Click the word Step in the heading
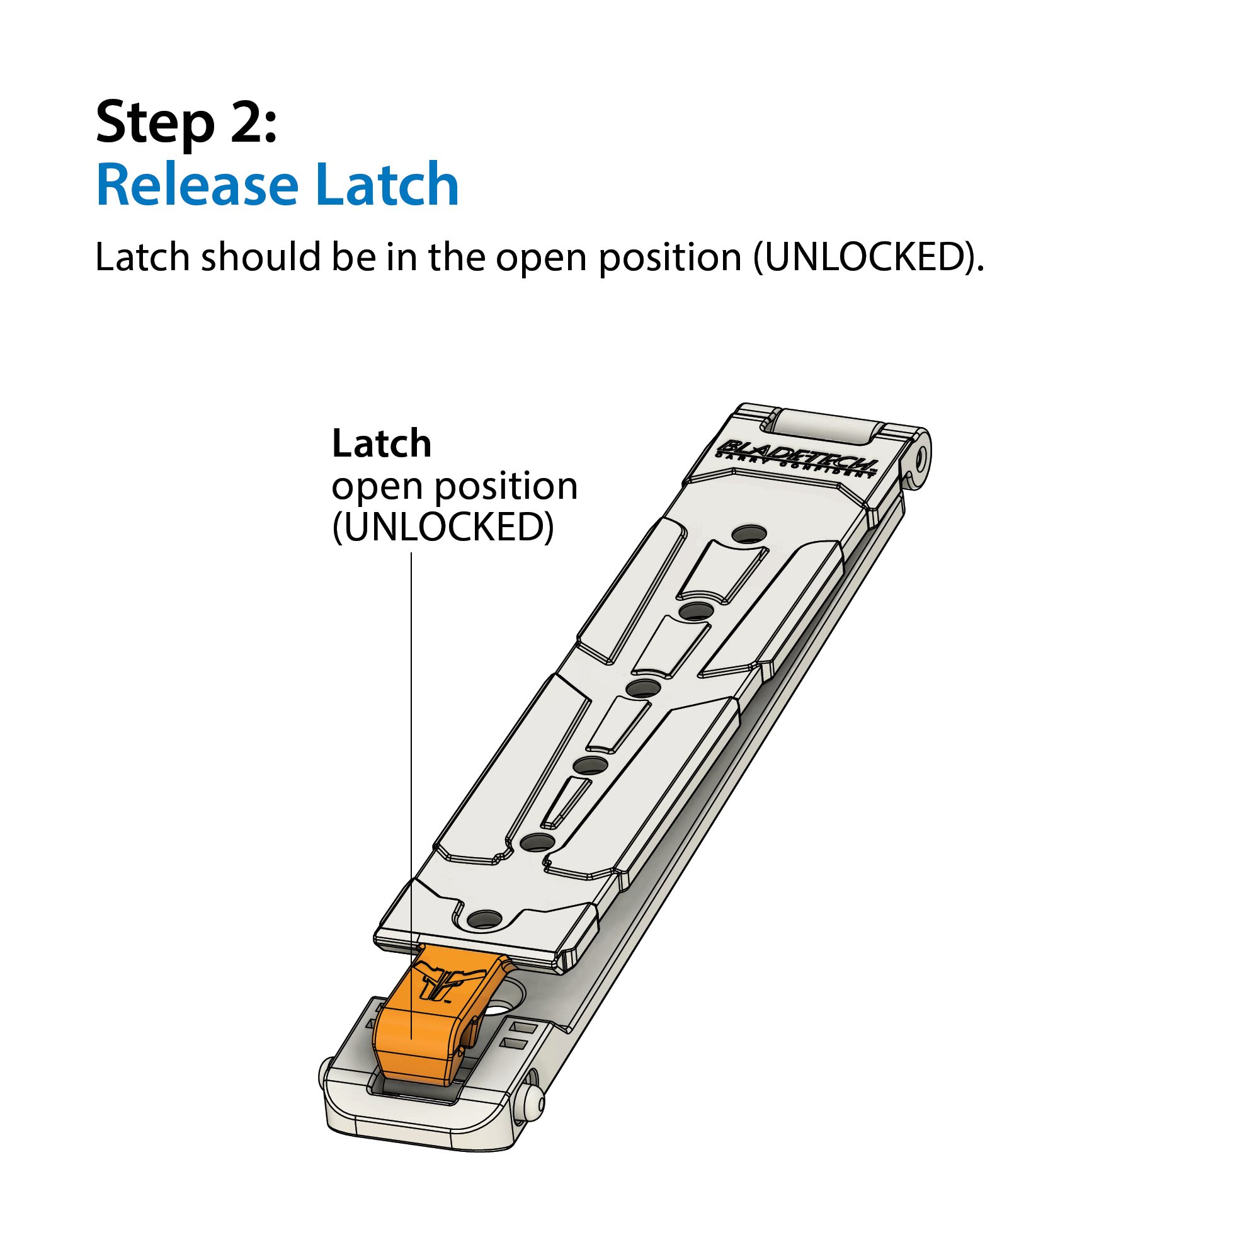(x=155, y=123)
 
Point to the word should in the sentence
(x=261, y=257)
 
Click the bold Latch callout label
(x=382, y=443)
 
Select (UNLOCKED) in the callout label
(x=443, y=527)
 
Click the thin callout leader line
(x=411, y=796)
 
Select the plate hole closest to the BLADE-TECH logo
(x=749, y=535)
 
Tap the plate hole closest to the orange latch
(x=486, y=919)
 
